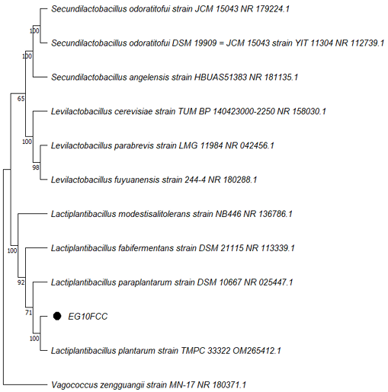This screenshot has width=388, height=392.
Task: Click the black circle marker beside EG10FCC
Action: point(57,316)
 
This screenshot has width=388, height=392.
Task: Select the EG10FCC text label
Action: point(88,317)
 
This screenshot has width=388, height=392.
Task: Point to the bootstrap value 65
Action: point(21,98)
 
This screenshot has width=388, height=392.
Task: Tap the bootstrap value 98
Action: point(36,167)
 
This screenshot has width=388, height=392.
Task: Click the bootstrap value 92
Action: point(21,282)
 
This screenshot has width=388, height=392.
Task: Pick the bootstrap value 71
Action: point(28,313)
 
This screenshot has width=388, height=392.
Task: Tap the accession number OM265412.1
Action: point(257,351)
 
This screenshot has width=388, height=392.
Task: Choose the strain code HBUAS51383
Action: point(220,77)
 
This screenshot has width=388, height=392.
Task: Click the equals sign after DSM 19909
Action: point(221,43)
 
